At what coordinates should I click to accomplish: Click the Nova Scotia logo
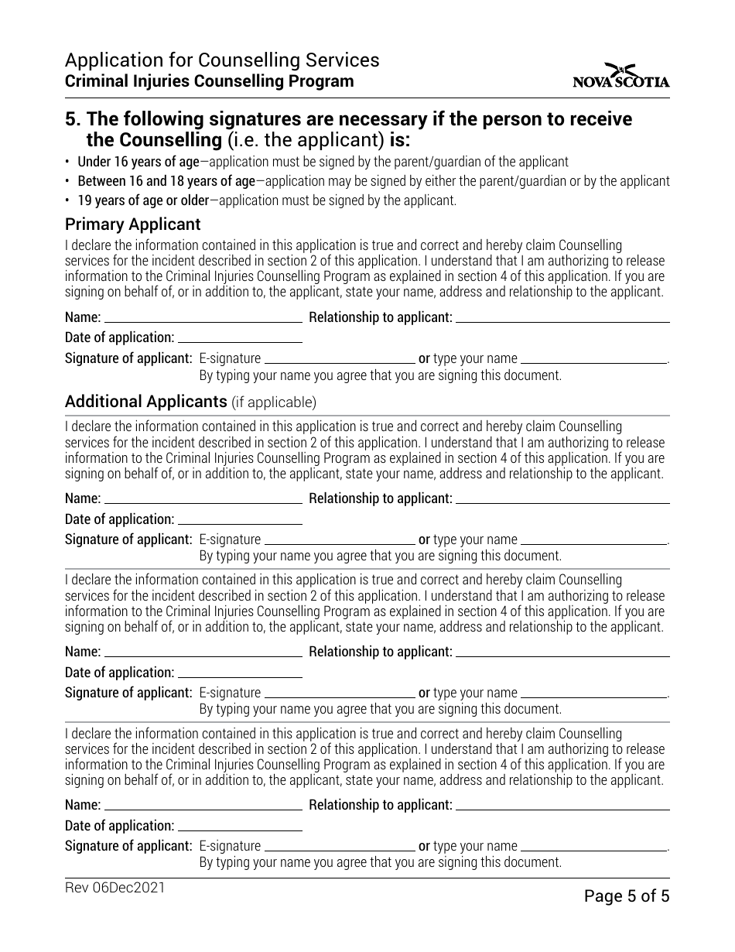[x=621, y=75]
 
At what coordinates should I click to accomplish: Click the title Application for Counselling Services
[x=222, y=60]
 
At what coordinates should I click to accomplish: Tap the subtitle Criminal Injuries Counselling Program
[x=209, y=81]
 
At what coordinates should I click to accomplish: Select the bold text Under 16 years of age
[x=138, y=162]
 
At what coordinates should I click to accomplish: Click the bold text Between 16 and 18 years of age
[x=166, y=181]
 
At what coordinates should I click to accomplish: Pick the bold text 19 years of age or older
[x=143, y=200]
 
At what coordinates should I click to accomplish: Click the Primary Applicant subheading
[x=132, y=224]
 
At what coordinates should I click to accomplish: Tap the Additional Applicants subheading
[x=145, y=402]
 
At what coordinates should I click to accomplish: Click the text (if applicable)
[x=274, y=402]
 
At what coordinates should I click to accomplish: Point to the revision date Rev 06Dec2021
[x=115, y=889]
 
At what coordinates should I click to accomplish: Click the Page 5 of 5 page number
[x=626, y=896]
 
